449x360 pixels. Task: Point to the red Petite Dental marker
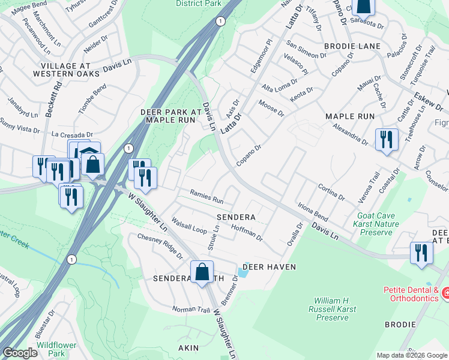pos(445,293)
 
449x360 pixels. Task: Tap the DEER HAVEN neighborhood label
pos(270,266)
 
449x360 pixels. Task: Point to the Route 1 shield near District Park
pos(221,22)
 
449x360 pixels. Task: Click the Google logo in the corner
pos(20,353)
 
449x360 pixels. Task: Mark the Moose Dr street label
pos(271,109)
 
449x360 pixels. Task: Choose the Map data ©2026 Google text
pos(412,355)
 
